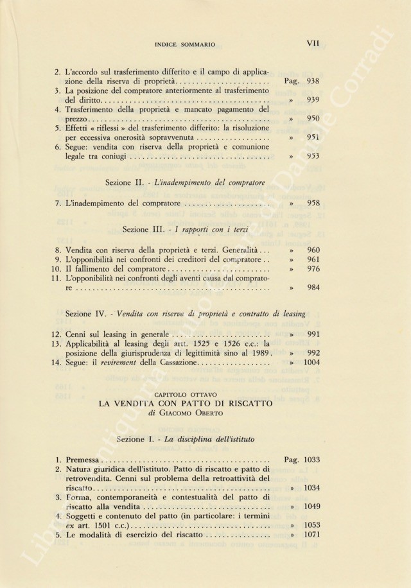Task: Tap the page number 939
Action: [313, 101]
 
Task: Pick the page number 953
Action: [313, 155]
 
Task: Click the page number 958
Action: [313, 203]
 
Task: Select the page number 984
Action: [313, 288]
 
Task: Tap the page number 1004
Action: [310, 363]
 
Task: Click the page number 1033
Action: [310, 460]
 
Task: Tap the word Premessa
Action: [83, 460]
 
